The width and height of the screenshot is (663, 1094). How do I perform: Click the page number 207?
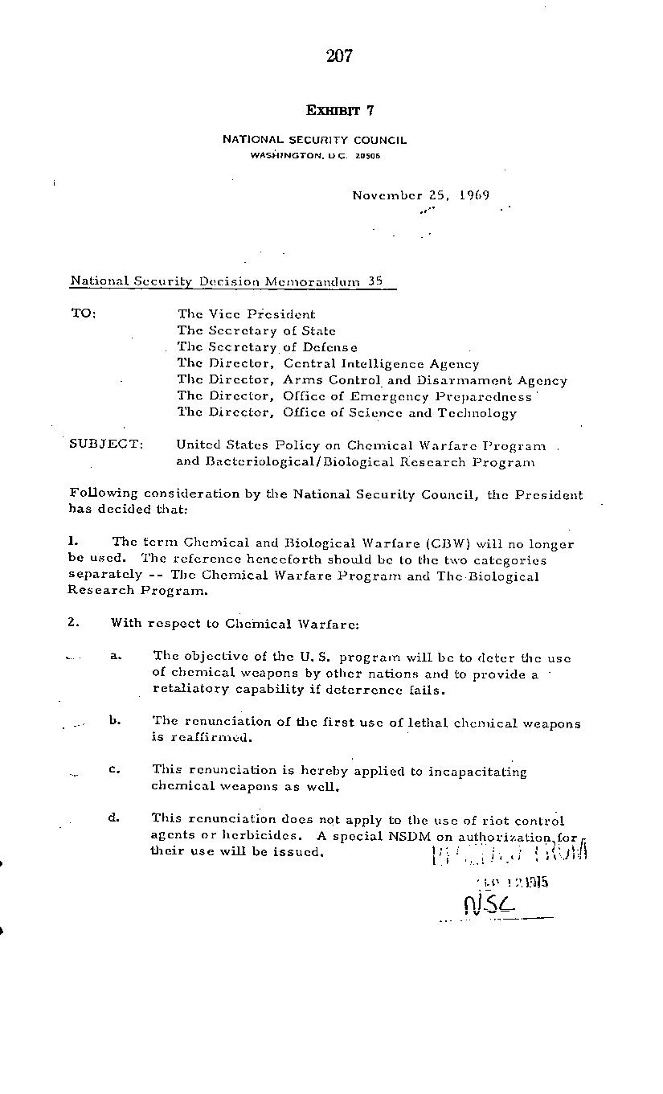coord(340,55)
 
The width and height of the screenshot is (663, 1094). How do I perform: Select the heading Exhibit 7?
coord(340,110)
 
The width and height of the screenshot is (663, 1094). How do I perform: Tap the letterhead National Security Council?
coord(314,140)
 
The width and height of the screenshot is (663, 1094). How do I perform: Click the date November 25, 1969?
coord(420,195)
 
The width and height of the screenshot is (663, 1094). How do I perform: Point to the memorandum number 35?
coord(374,281)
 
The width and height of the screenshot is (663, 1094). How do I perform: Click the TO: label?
coord(83,313)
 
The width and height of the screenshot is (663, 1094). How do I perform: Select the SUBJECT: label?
coord(106,445)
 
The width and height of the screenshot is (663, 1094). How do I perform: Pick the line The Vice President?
coord(246,314)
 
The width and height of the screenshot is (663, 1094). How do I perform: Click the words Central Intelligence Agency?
coord(381,364)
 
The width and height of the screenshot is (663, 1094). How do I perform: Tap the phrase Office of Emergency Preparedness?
coord(407,396)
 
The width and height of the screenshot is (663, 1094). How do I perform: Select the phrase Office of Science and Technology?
coord(399,413)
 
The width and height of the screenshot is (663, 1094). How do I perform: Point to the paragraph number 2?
coord(74,622)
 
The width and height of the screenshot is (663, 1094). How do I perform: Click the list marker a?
coord(116,656)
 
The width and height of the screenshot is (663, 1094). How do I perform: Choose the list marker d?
coord(115,818)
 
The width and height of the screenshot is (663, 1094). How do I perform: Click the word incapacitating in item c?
coord(477,772)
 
